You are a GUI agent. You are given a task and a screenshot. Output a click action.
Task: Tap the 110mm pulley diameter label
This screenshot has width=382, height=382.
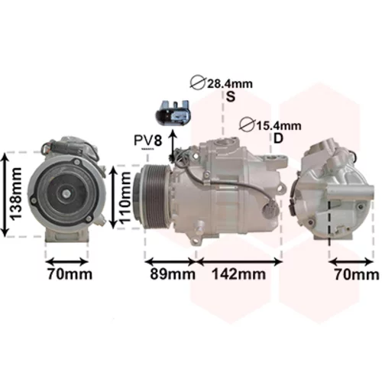[125, 198]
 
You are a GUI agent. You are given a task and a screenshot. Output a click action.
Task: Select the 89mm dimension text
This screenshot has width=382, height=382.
[173, 274]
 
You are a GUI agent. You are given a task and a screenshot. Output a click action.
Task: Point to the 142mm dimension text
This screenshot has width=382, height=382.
[239, 274]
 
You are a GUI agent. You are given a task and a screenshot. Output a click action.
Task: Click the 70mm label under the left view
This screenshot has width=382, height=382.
[70, 274]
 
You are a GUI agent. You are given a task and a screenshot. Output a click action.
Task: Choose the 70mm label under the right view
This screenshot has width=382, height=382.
[357, 274]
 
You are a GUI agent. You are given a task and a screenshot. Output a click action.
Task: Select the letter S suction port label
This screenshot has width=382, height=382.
[231, 97]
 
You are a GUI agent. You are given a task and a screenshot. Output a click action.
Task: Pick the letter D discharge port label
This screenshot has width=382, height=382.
[278, 139]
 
